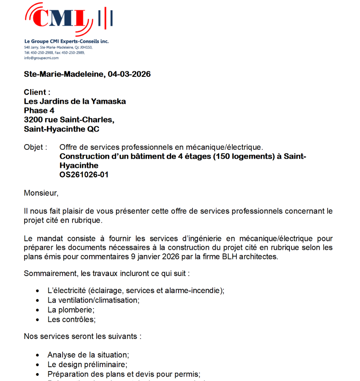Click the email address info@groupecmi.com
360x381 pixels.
click(41, 58)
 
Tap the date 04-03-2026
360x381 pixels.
click(129, 74)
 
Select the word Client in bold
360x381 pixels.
click(35, 93)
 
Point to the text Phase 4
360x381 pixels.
click(39, 110)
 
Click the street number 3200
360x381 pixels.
click(32, 119)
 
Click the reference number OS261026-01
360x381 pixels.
click(84, 175)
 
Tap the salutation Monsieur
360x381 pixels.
click(41, 193)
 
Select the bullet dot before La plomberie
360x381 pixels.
click(38, 310)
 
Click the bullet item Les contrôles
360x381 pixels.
click(71, 319)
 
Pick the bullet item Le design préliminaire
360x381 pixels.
click(87, 364)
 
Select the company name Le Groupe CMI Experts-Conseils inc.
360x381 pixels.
click(66, 41)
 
